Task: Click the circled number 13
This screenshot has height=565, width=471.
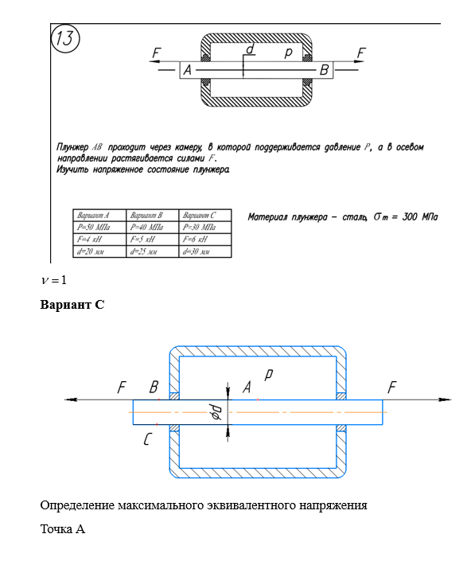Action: (65, 38)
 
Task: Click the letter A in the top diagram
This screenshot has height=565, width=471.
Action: (188, 70)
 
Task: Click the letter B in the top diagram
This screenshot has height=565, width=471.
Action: (324, 70)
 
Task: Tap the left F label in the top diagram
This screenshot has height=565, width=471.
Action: (157, 53)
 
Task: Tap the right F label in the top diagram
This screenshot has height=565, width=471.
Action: (361, 53)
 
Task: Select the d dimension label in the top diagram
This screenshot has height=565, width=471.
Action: (250, 49)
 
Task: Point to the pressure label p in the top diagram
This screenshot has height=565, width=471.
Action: (288, 53)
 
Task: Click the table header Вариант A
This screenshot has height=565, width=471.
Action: (93, 216)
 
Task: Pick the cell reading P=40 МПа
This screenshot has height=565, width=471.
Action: (146, 228)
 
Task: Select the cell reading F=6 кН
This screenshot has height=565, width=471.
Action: (195, 240)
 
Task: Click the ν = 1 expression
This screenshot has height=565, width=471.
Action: (54, 280)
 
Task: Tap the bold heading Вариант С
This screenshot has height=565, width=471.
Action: (72, 305)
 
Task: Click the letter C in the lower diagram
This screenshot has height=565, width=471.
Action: (147, 439)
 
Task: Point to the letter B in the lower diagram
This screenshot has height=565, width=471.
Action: (154, 388)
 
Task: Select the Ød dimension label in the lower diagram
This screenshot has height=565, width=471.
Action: (216, 412)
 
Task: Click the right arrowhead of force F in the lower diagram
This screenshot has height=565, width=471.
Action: (445, 399)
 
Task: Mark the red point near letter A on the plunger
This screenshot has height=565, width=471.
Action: (258, 399)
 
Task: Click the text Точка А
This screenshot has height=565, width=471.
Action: (63, 529)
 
